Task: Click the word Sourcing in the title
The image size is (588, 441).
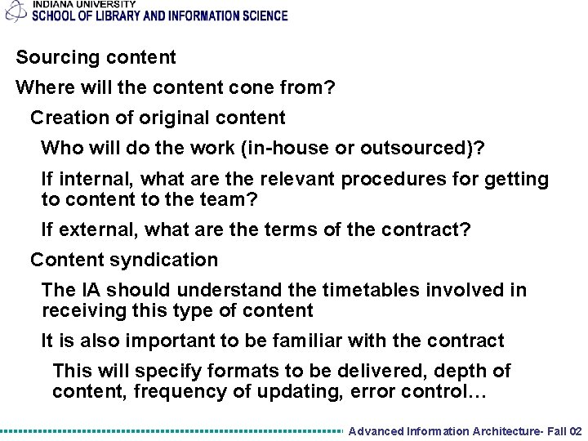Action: pos(51,58)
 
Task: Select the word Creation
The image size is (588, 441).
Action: pos(69,118)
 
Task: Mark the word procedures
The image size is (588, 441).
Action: pos(408,179)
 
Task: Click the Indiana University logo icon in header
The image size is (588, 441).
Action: pos(14,11)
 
